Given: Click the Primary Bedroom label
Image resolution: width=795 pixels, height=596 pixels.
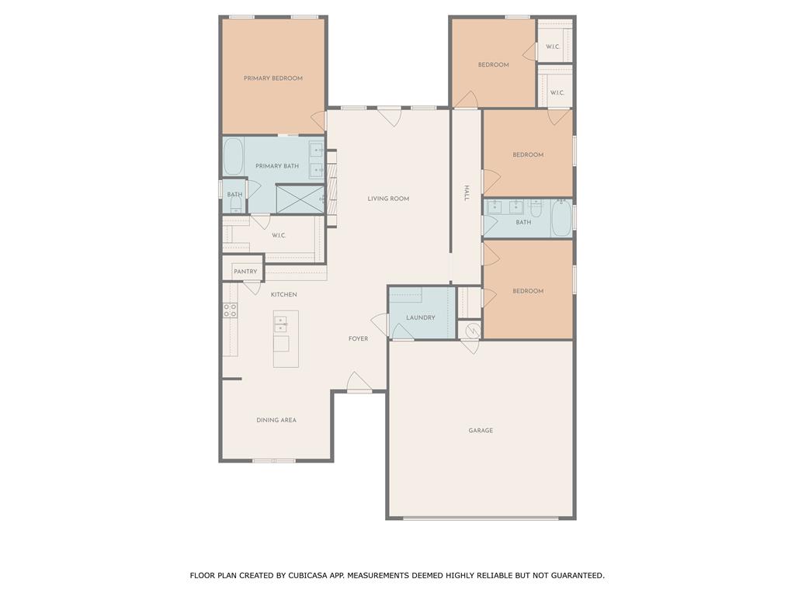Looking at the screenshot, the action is pyautogui.click(x=273, y=78).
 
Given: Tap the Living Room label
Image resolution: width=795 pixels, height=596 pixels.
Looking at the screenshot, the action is pyautogui.click(x=388, y=199).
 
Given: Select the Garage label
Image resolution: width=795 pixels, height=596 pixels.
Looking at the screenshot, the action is pyautogui.click(x=481, y=430).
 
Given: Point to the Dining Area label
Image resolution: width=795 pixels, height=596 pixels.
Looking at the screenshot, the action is pyautogui.click(x=276, y=420).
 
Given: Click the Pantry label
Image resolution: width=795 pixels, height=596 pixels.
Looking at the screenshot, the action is pyautogui.click(x=245, y=272).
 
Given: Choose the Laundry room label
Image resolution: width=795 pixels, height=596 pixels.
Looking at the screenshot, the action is pyautogui.click(x=421, y=317).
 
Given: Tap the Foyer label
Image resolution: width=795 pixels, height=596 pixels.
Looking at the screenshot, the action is pyautogui.click(x=358, y=338).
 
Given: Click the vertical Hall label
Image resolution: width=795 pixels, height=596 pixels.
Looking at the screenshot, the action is pyautogui.click(x=467, y=193).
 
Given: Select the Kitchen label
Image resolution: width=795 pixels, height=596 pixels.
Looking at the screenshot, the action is pyautogui.click(x=284, y=294).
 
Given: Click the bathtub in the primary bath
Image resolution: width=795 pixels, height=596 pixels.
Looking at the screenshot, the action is pyautogui.click(x=233, y=157).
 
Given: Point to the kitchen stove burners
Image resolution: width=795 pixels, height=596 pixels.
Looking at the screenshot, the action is pyautogui.click(x=230, y=310).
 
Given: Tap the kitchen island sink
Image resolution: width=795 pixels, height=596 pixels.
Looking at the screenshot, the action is pyautogui.click(x=280, y=324).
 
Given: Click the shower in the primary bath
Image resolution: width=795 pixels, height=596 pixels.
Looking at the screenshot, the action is pyautogui.click(x=300, y=199).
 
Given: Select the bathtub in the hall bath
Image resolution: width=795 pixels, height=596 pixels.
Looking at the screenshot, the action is pyautogui.click(x=561, y=218).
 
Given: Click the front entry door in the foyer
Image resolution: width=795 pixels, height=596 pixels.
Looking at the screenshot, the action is pyautogui.click(x=359, y=382).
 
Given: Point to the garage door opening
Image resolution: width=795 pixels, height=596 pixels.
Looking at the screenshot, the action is pyautogui.click(x=481, y=518).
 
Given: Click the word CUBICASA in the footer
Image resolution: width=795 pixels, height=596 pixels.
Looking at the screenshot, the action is pyautogui.click(x=309, y=575).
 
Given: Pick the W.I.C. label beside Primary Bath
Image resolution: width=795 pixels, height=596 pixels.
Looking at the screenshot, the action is pyautogui.click(x=279, y=236).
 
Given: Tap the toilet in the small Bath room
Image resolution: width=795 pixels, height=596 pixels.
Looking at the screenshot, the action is pyautogui.click(x=235, y=204).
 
